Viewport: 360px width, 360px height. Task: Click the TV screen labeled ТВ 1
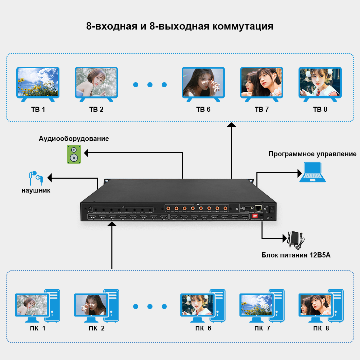[x=38, y=82]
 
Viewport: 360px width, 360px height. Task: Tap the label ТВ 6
[x=203, y=109]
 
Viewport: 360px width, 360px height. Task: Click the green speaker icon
[x=74, y=154]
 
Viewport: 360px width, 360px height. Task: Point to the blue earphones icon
[x=35, y=178]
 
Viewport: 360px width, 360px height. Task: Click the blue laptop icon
[x=312, y=172]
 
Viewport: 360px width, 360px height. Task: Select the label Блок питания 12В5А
[x=295, y=255]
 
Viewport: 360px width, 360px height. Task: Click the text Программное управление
[x=312, y=154]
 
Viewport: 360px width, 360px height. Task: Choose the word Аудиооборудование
[x=74, y=139]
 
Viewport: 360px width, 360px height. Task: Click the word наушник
[x=36, y=191]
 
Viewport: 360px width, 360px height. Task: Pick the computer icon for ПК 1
[x=37, y=306]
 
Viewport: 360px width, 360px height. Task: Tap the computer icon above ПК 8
[x=320, y=306]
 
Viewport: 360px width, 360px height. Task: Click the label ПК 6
[x=203, y=328]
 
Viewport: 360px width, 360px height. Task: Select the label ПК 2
[x=96, y=328]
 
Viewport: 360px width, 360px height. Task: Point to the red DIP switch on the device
[x=255, y=216]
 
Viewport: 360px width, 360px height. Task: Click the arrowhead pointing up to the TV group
[x=232, y=125]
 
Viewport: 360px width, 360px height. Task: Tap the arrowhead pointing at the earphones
[x=50, y=177]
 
